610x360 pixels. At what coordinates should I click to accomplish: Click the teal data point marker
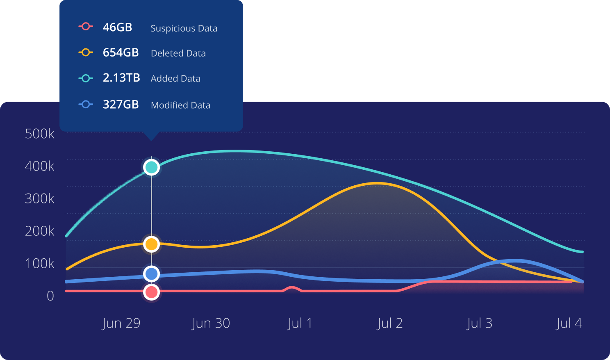152,167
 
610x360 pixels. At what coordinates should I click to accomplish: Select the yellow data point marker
152,244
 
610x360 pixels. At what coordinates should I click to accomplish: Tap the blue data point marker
152,274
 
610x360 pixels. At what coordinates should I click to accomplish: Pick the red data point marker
152,292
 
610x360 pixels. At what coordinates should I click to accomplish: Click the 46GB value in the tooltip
117,27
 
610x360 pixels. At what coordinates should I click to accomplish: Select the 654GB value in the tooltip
121,53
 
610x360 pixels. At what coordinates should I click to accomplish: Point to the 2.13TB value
121,78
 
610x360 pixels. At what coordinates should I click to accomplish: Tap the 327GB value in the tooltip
121,105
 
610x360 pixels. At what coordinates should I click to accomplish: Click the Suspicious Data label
184,28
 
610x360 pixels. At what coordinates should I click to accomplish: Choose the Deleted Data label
178,53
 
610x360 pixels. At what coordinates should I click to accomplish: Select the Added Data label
175,78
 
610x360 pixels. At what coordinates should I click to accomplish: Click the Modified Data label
180,105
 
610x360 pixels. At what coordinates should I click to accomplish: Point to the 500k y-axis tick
40,134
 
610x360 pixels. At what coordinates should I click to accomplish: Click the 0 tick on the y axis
50,296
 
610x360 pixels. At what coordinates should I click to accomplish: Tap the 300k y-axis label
40,198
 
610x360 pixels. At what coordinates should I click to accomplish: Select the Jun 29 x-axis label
121,323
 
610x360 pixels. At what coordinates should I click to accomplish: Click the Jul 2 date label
390,323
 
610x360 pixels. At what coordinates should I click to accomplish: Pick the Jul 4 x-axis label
569,323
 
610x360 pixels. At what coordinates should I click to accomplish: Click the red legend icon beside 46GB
86,27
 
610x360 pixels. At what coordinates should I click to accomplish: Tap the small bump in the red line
291,288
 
